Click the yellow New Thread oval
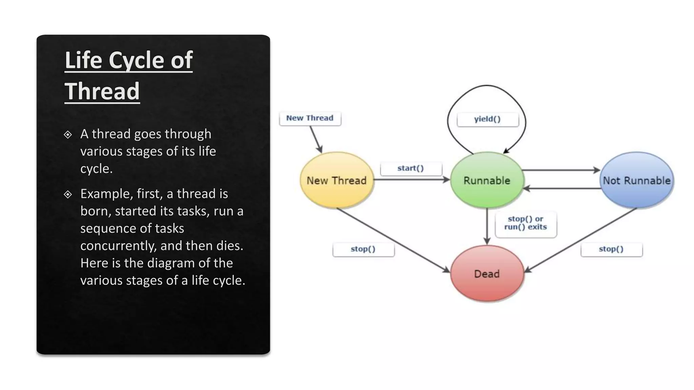click(336, 180)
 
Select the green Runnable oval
click(487, 180)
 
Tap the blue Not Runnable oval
click(636, 180)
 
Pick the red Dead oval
click(487, 274)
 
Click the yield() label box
click(487, 119)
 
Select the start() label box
click(411, 168)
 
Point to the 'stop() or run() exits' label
click(526, 223)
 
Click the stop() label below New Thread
click(363, 249)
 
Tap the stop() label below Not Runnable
click(611, 249)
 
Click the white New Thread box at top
click(310, 118)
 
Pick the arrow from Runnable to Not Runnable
click(561, 170)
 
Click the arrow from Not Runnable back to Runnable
click(563, 189)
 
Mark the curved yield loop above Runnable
click(487, 86)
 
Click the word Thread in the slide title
click(102, 91)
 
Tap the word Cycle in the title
click(136, 60)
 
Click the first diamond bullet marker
click(68, 134)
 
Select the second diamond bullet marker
click(68, 194)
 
